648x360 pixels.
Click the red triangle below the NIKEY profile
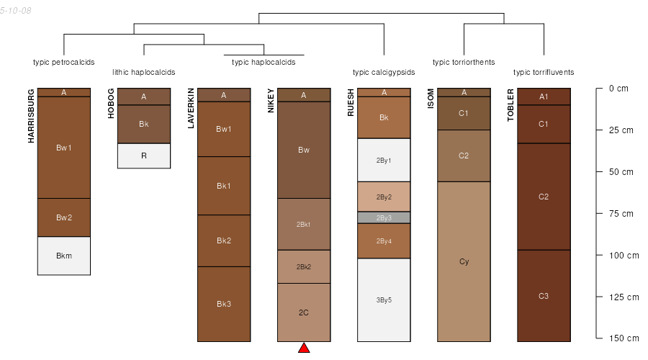pyautogui.click(x=304, y=348)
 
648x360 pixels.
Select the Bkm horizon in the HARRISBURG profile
pyautogui.click(x=64, y=256)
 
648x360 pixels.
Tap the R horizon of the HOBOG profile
pyautogui.click(x=144, y=156)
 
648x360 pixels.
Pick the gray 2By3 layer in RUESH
pyautogui.click(x=384, y=217)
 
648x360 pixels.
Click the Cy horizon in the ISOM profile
pyautogui.click(x=464, y=261)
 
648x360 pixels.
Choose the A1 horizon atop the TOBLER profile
pyautogui.click(x=544, y=96)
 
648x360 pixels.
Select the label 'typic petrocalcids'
pyautogui.click(x=64, y=62)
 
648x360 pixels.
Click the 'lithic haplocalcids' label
pyautogui.click(x=144, y=72)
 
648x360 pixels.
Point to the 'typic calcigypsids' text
pyautogui.click(x=384, y=72)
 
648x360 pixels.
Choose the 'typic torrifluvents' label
pyautogui.click(x=544, y=72)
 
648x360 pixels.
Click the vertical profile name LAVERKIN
pyautogui.click(x=192, y=108)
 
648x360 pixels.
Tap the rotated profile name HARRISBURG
pyautogui.click(x=32, y=116)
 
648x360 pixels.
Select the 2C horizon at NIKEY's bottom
pyautogui.click(x=304, y=312)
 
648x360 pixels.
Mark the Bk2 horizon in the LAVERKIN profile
pyautogui.click(x=224, y=240)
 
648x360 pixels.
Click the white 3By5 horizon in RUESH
pyautogui.click(x=384, y=300)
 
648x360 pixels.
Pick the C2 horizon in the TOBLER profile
pyautogui.click(x=544, y=197)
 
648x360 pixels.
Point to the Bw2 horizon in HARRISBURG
pyautogui.click(x=64, y=217)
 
